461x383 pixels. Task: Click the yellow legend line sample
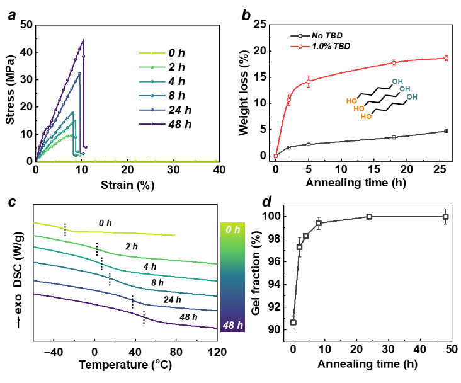[152, 53]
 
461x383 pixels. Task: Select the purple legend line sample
[152, 124]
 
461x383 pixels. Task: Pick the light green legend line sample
[152, 67]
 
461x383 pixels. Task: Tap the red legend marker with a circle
[300, 46]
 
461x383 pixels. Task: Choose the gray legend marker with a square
[300, 36]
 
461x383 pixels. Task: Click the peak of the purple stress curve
[83, 40]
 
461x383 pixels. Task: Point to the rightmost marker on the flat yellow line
[215, 161]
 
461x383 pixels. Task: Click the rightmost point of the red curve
[446, 58]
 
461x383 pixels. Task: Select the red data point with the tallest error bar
[309, 81]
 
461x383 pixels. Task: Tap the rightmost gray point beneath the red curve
[446, 131]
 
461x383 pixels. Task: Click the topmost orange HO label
[351, 101]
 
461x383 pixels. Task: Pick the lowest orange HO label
[366, 117]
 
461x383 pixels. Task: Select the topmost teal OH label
[397, 81]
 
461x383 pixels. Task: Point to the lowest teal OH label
[412, 97]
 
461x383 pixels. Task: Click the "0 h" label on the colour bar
[233, 230]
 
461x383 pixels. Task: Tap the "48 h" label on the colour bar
[232, 325]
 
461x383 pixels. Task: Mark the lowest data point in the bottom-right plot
[293, 323]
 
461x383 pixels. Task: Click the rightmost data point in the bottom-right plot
[445, 217]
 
